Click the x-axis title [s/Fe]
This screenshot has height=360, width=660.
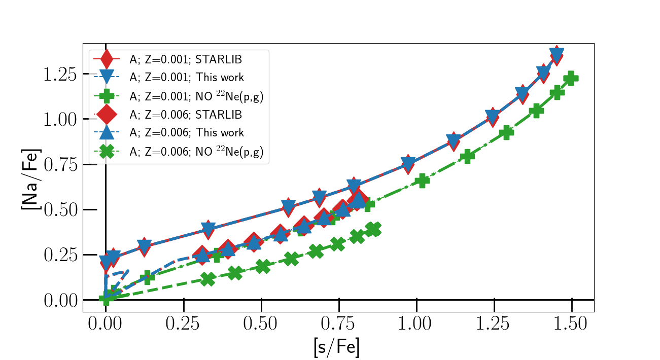[x=336, y=347]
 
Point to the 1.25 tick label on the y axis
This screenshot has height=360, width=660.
[x=60, y=75]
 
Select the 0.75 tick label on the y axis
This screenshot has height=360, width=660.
[x=60, y=165]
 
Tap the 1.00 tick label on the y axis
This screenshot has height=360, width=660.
[x=60, y=120]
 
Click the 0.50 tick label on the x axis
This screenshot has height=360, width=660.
[x=261, y=324]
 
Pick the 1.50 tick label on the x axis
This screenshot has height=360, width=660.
[x=571, y=324]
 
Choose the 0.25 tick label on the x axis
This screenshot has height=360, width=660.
[x=183, y=324]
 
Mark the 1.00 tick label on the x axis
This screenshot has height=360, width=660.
[x=416, y=324]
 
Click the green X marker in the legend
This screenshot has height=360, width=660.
[x=106, y=152]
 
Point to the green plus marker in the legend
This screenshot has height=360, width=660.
[x=106, y=96]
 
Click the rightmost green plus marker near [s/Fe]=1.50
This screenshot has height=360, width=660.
[x=571, y=78]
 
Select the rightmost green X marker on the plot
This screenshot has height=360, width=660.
[x=374, y=229]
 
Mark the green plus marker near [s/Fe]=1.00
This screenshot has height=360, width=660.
[x=422, y=181]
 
